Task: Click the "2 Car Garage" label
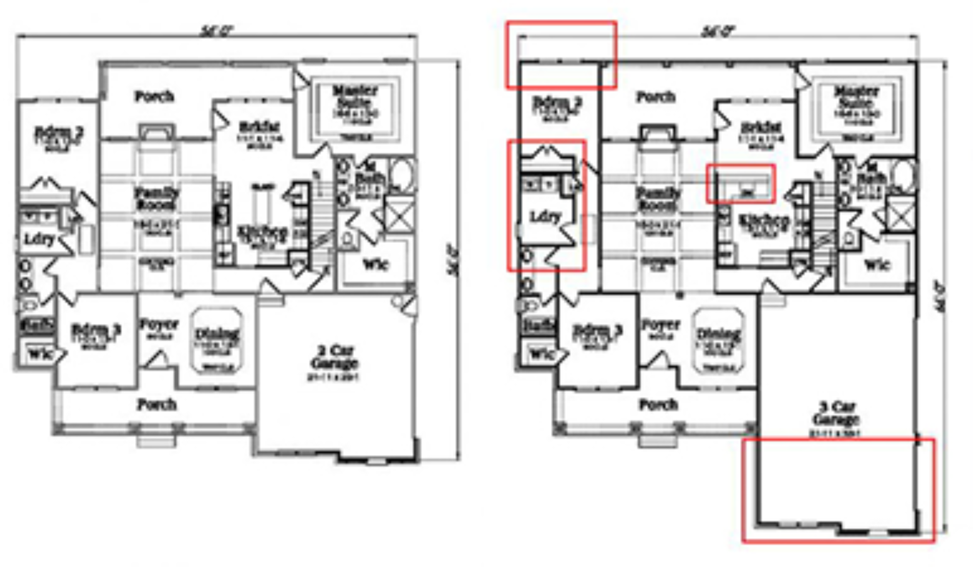pos(334,357)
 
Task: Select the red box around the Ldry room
pos(546,205)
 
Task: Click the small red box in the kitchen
pos(741,183)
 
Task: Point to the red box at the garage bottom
pos(838,490)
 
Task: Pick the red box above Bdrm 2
pos(561,55)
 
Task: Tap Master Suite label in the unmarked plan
pos(355,98)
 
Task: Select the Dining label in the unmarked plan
pos(217,335)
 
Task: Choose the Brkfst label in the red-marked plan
pos(761,127)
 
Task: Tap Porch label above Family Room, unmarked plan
pos(154,96)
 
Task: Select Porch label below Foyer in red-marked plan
pos(658,404)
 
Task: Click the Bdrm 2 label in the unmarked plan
pos(59,134)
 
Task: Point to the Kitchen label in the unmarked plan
pos(262,233)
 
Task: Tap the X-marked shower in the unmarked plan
pos(398,214)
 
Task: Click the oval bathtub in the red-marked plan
pos(904,175)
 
